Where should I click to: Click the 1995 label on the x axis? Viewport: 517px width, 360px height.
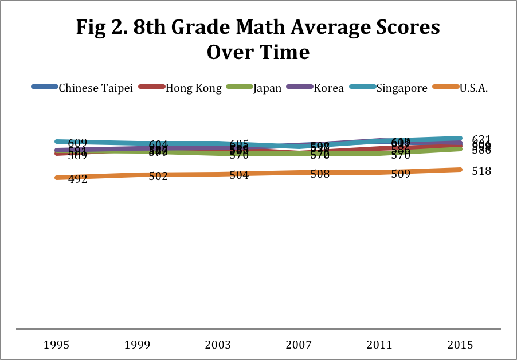point(57,345)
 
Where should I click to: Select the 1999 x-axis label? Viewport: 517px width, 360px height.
point(138,345)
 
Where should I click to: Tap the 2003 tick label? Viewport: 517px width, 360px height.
point(218,345)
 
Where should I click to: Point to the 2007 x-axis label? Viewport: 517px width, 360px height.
point(299,345)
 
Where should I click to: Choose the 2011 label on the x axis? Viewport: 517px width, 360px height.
point(379,345)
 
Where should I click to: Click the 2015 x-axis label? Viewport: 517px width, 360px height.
point(460,345)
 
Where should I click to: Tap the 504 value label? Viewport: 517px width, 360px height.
point(238,175)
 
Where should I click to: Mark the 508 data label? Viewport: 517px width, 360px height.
point(319,174)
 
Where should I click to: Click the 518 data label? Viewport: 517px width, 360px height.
point(481,171)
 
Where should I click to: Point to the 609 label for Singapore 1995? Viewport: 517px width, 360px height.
point(77,143)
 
